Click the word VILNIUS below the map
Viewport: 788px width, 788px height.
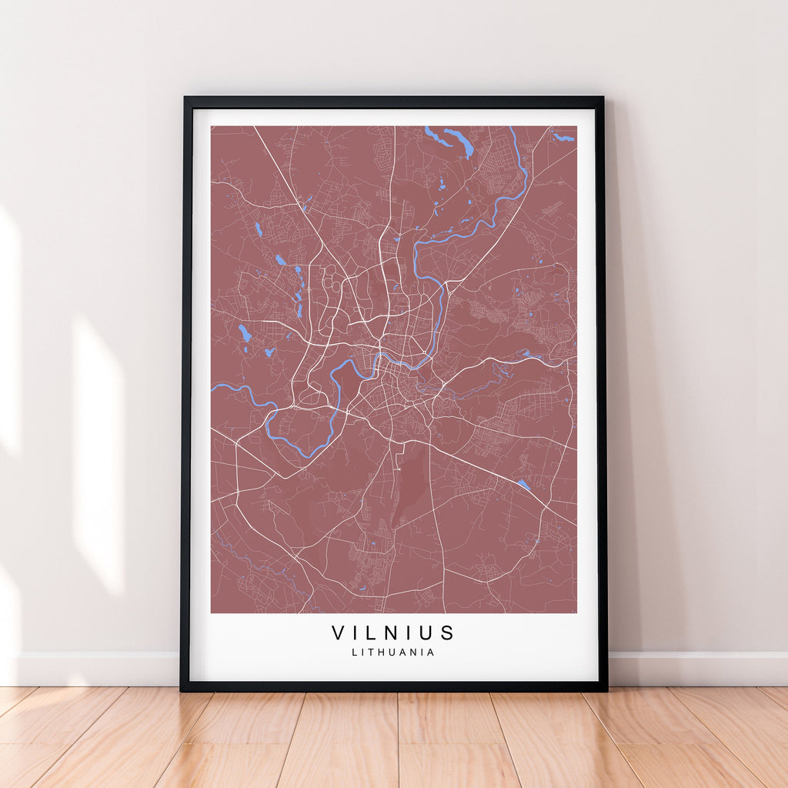tap(393, 633)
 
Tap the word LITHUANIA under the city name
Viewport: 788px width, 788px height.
tap(393, 652)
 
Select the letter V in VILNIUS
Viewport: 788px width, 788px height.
tap(338, 633)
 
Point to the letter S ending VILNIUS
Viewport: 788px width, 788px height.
tap(449, 633)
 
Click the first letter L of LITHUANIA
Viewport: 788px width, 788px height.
tap(354, 652)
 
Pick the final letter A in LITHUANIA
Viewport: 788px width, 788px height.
tap(431, 652)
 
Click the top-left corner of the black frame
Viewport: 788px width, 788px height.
tap(185, 98)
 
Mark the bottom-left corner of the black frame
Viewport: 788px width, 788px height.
tap(182, 689)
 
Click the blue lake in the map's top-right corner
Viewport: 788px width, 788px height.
tap(564, 138)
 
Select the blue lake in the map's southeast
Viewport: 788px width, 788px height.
tap(523, 484)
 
